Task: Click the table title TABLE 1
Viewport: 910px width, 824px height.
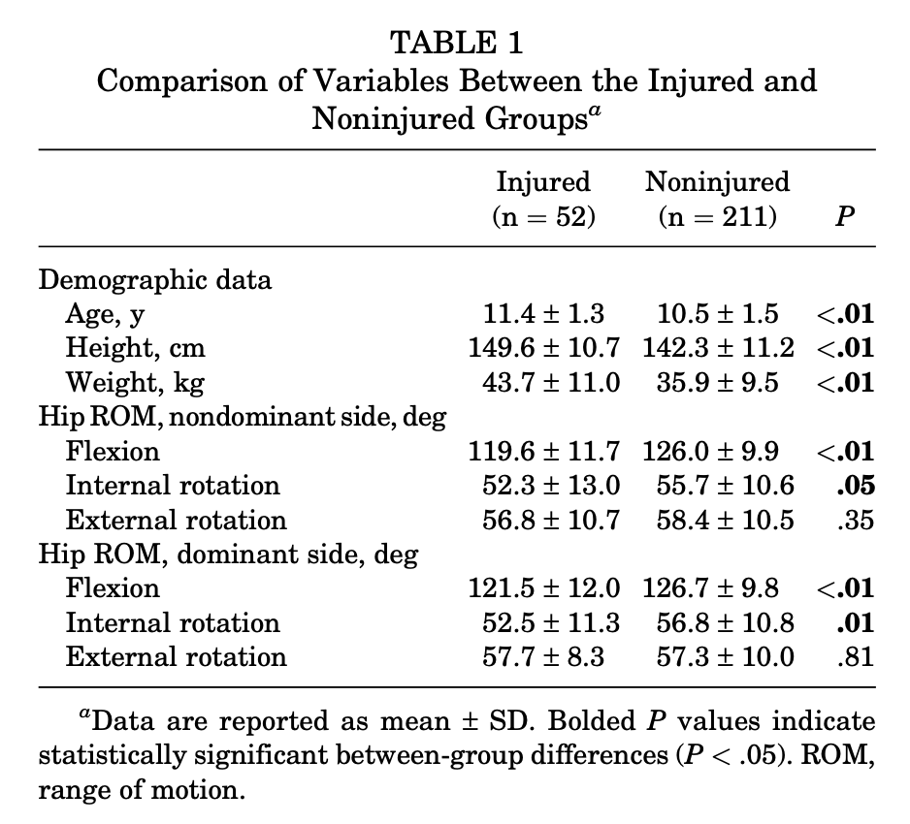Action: (456, 43)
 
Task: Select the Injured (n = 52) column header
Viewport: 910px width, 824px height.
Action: (543, 199)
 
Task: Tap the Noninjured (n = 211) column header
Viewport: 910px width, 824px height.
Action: (717, 199)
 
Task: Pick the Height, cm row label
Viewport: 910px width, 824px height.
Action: (136, 348)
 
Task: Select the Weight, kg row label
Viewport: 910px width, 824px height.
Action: (136, 382)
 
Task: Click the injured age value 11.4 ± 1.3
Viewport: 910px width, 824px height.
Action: (543, 314)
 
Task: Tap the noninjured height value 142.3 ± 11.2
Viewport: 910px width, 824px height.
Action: (717, 348)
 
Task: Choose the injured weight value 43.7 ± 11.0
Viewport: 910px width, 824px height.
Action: (550, 382)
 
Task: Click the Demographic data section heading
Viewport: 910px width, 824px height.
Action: (155, 280)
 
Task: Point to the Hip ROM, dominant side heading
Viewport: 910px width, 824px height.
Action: (229, 555)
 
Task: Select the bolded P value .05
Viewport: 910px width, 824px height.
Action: (859, 486)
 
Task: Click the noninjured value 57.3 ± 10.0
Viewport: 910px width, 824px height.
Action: (717, 657)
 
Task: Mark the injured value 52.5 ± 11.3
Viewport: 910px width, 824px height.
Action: (550, 623)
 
